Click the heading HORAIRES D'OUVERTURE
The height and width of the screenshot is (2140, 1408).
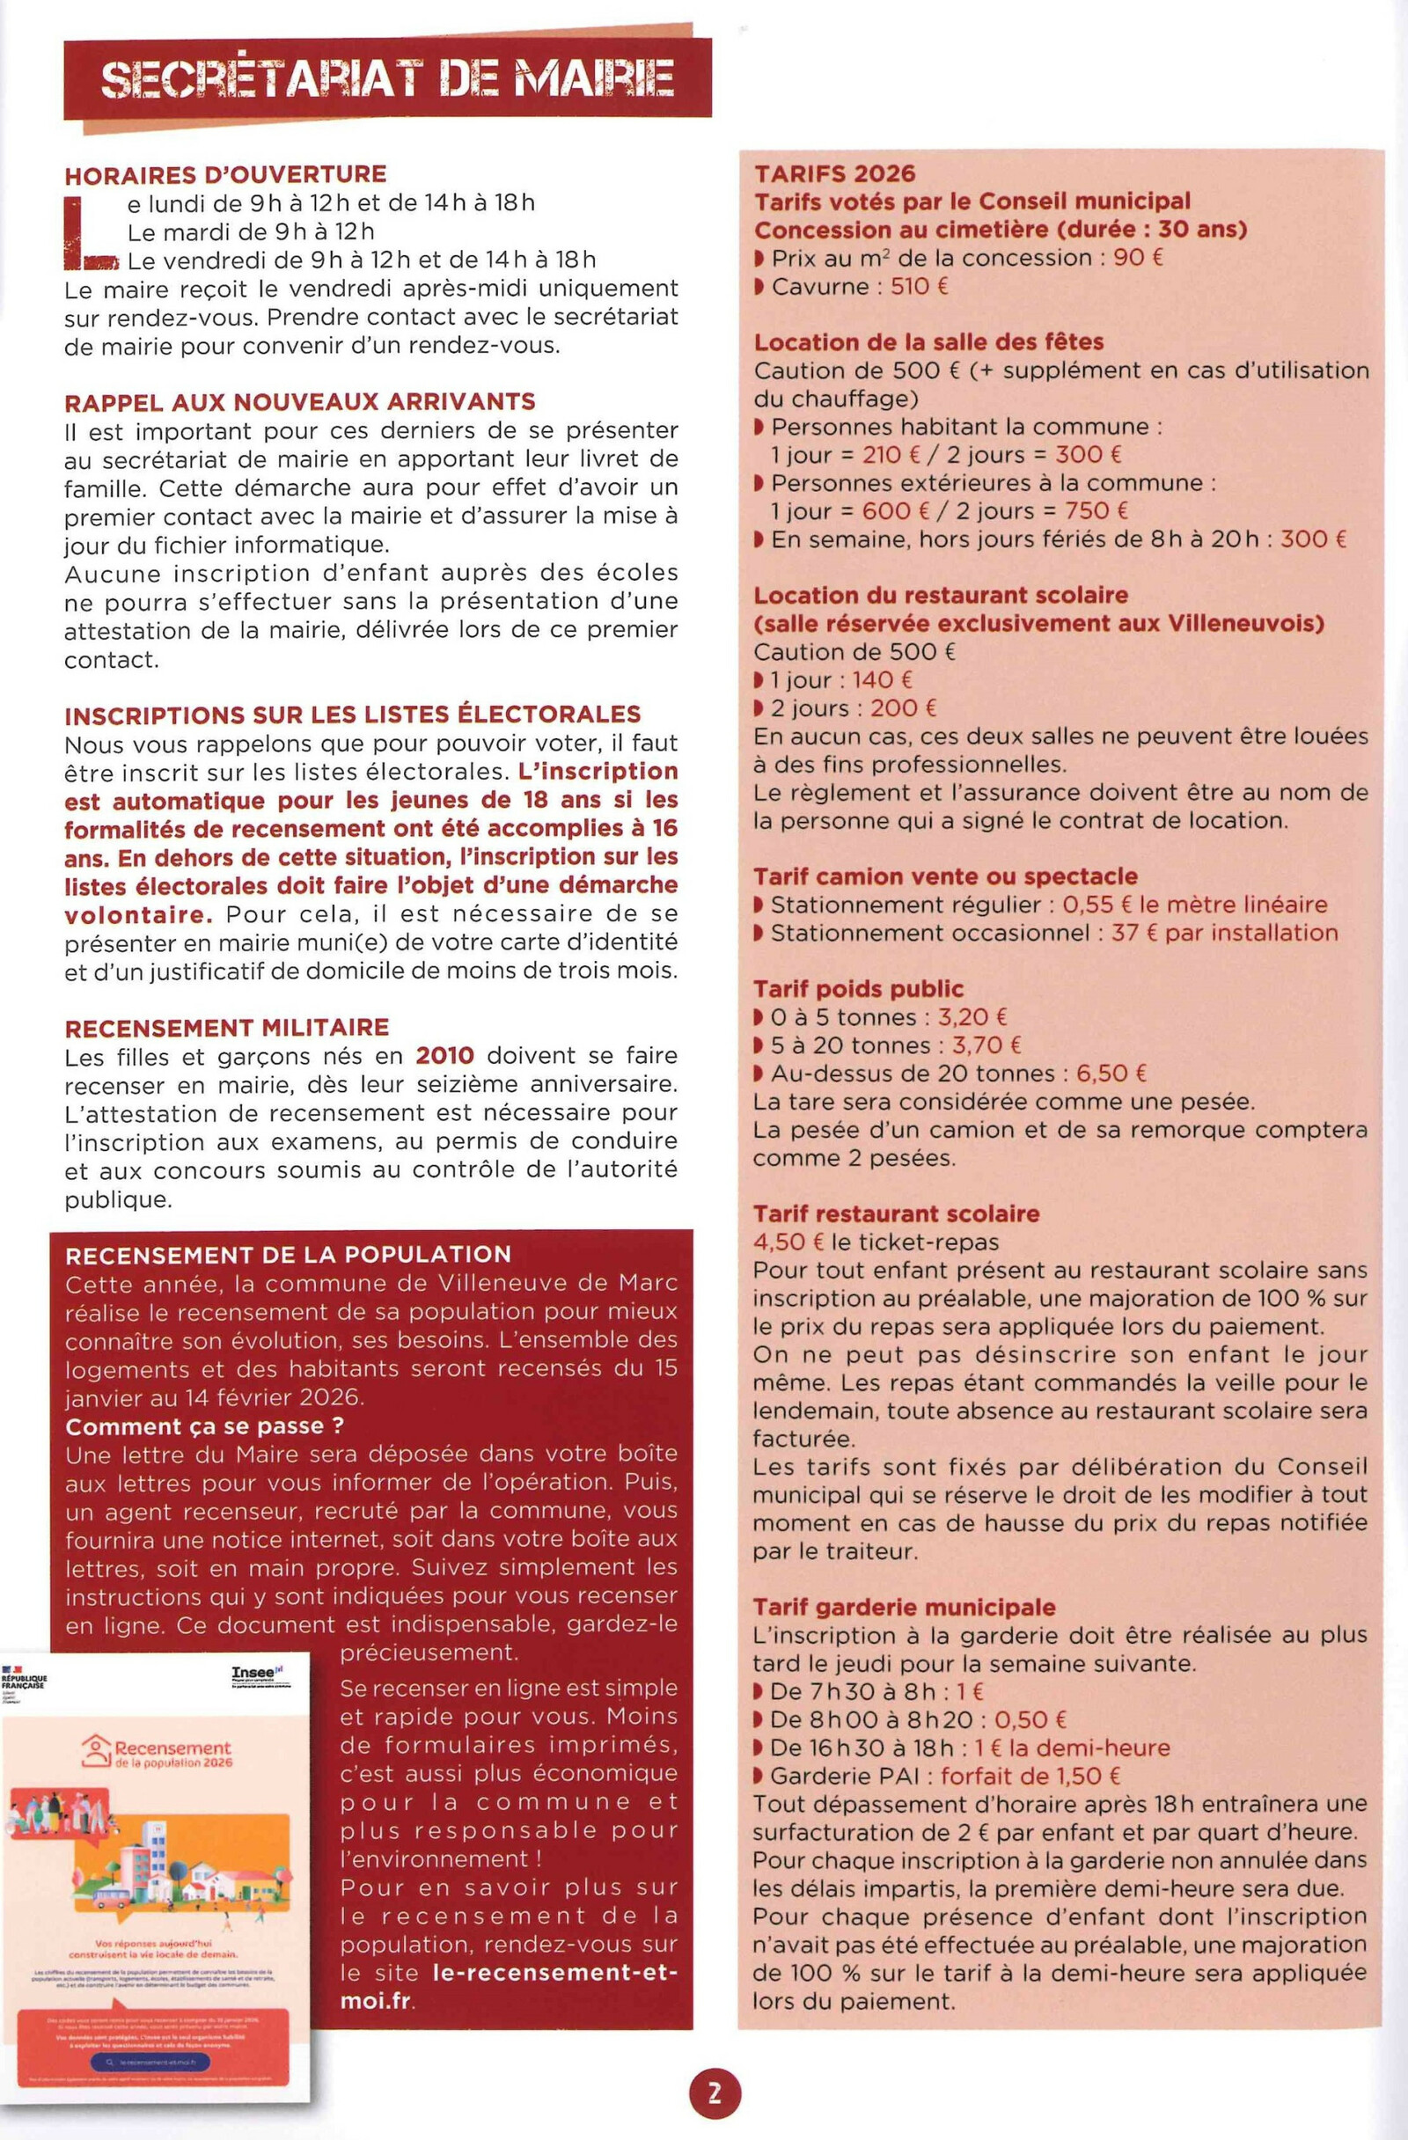[x=225, y=173]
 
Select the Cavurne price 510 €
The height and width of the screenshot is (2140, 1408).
[x=919, y=287]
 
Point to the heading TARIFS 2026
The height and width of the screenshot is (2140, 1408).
[x=833, y=173]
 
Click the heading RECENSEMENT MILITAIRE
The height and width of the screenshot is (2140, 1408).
[x=226, y=1027]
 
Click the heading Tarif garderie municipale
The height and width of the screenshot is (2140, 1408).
[x=905, y=1607]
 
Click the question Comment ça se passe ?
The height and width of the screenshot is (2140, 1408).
[x=205, y=1426]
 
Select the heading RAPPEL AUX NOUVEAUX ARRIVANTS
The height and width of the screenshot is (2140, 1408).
[x=299, y=401]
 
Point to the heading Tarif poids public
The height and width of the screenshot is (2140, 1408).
[x=858, y=989]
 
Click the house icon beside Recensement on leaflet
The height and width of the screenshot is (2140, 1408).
[x=94, y=1750]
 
